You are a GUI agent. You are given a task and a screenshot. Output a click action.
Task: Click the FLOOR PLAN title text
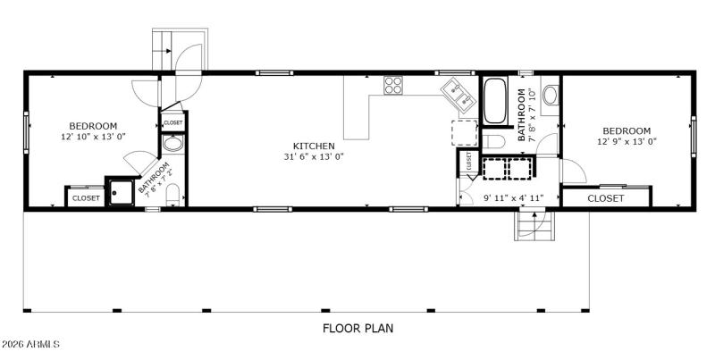pos(357,328)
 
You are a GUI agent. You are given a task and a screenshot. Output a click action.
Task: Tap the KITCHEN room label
pos(314,146)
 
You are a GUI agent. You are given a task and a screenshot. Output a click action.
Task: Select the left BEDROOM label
pos(92,126)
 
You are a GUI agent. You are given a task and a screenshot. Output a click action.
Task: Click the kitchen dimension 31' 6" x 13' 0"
pos(314,157)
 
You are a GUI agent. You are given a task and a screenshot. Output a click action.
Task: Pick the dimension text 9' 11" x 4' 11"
pos(513,197)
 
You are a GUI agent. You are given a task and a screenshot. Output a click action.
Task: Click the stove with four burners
pos(393,86)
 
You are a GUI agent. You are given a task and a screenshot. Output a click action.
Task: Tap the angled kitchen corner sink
pos(459,94)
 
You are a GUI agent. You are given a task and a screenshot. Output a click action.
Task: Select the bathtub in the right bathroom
pos(495,102)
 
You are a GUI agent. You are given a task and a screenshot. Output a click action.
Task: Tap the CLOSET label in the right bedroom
pos(606,198)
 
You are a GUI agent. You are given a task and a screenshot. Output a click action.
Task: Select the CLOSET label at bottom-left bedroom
pos(86,197)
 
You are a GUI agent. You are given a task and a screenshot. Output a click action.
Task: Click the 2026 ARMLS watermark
pos(30,344)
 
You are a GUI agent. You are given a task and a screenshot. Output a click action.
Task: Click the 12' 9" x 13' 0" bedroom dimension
pos(627,142)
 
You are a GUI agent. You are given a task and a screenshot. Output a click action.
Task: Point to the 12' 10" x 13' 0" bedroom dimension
pos(92,138)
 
